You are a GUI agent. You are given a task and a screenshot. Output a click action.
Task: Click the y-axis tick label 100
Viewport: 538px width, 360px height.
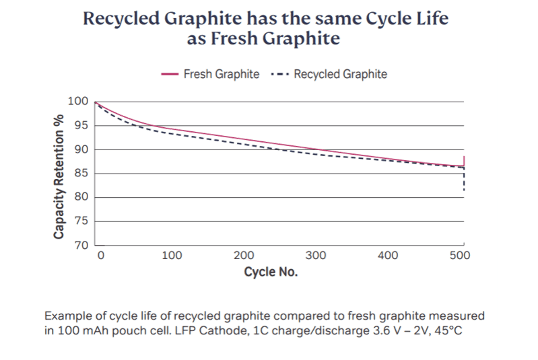pos(78,101)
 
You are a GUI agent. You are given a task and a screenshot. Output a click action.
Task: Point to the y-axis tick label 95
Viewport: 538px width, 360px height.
pos(81,125)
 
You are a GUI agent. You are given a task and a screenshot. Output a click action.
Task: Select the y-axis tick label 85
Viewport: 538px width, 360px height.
pos(81,173)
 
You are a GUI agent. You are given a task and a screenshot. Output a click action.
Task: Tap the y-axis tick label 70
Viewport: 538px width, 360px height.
pos(81,245)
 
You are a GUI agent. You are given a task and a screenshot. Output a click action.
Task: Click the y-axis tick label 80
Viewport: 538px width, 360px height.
pos(81,197)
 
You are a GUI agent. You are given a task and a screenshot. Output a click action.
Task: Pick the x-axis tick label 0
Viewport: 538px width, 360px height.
pos(100,256)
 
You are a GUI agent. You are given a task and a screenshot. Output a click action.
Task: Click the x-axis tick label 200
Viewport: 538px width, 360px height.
pos(244,256)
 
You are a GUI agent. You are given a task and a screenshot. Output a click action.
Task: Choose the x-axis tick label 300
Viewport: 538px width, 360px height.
pos(315,256)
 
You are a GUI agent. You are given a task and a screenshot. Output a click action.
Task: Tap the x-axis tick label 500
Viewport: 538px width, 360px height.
pos(461,256)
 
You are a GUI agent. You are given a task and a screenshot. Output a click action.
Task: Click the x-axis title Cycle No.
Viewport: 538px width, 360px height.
pos(271,273)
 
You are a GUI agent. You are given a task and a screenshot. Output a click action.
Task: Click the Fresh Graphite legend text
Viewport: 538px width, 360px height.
pos(221,74)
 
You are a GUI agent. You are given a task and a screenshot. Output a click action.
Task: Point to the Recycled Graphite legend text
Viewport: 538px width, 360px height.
pos(340,74)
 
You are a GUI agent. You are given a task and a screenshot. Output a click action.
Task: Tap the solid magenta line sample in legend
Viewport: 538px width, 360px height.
pos(170,74)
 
